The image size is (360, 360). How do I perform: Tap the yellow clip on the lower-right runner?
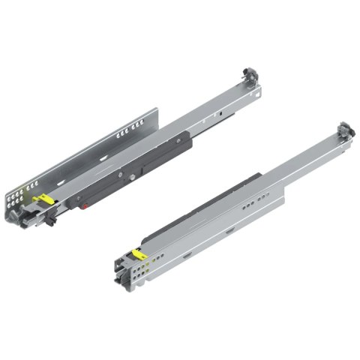click(x=136, y=255)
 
